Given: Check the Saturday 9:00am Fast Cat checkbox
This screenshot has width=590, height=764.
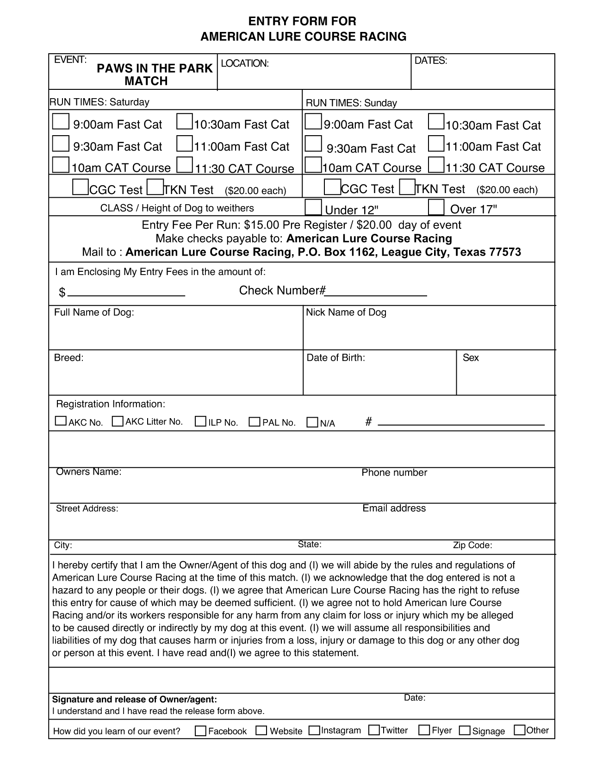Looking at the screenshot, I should coord(61,122).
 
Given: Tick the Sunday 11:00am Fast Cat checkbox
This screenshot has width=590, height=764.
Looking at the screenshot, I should coord(436,144).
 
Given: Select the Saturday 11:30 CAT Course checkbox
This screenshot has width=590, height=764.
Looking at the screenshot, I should coord(185,165).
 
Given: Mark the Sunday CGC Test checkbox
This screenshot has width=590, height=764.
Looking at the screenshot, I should coord(332,187).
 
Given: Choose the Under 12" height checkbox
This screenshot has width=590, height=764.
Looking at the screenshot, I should coord(313,207).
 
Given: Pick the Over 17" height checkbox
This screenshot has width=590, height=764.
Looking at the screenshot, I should coord(436,207).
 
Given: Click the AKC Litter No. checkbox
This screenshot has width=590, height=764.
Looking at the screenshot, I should coord(118,421).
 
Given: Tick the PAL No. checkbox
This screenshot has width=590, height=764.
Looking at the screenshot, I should coord(255,422).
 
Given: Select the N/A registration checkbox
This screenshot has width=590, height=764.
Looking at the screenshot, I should coord(312,422).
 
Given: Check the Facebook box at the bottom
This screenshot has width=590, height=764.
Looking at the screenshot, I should coord(200,731).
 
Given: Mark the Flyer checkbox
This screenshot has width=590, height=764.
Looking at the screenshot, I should coord(424,730).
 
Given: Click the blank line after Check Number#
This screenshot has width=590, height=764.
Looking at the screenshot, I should coord(376,294).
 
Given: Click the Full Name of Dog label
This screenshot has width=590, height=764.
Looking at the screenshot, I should coord(94,313).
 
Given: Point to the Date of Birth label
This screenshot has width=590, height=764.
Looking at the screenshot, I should coord(336,358).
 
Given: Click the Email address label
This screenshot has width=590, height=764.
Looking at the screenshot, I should coord(394,508).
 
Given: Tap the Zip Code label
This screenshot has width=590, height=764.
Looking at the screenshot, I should coord(472,545).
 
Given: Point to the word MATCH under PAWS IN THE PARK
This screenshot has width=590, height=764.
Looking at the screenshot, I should coord(146,81).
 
